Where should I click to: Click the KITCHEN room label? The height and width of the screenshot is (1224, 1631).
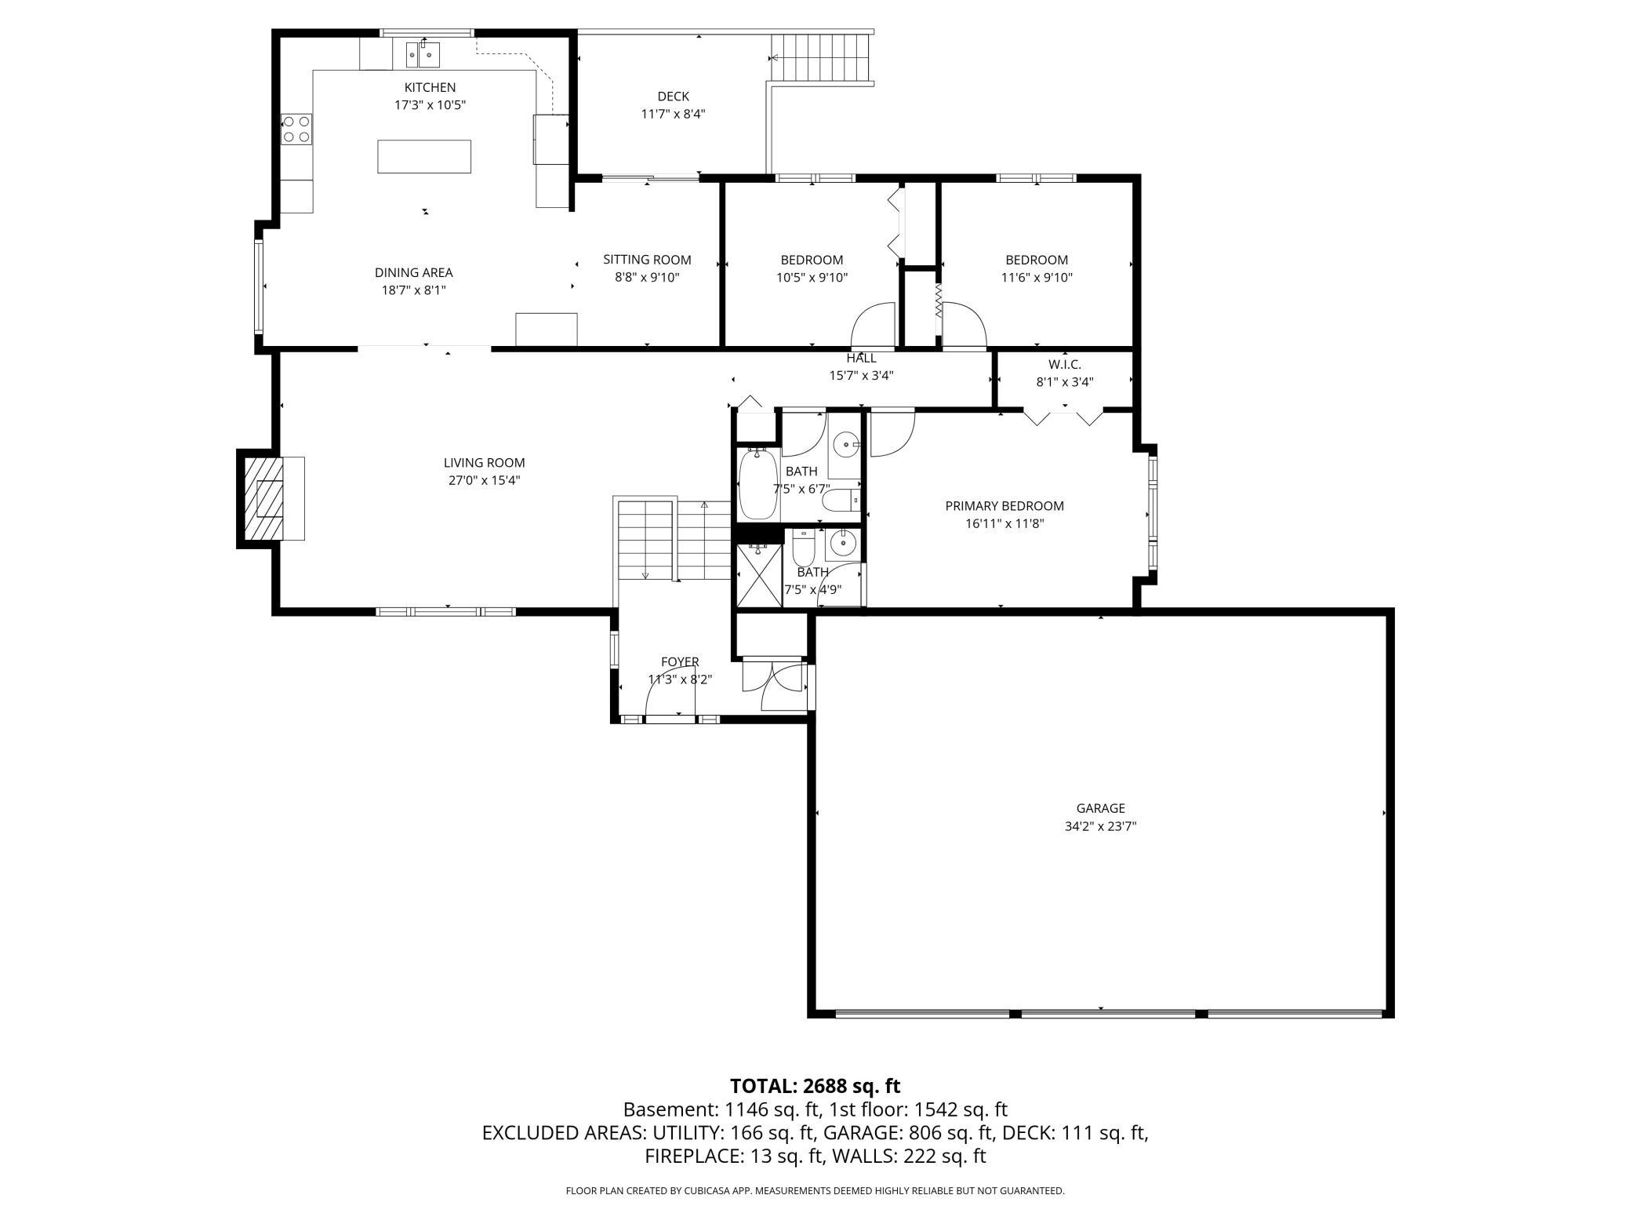coord(430,87)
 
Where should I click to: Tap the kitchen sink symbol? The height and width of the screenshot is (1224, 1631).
coord(423,55)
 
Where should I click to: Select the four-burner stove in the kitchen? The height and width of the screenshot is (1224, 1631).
coord(296,129)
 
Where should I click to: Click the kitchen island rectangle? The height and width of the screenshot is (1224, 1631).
coord(424,156)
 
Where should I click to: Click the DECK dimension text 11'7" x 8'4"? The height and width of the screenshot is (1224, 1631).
coord(673,114)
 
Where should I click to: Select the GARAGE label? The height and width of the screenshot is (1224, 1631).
coord(1100,808)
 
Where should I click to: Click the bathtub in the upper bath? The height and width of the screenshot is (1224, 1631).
coord(757,484)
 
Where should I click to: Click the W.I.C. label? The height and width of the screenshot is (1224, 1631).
coord(1064,365)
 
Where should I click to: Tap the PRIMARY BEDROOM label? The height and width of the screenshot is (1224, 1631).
coord(1004,506)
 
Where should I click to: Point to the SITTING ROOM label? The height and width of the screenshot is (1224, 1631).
coord(647,260)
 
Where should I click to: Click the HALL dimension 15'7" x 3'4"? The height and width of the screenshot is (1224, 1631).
coord(861,376)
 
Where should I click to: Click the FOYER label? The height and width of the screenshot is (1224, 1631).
coord(679,661)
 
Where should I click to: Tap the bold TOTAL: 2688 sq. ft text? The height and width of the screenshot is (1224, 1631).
coord(815,1086)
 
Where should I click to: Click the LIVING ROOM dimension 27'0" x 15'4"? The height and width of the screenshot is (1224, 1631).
coord(484,480)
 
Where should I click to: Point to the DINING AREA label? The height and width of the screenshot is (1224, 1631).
coord(413,273)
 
